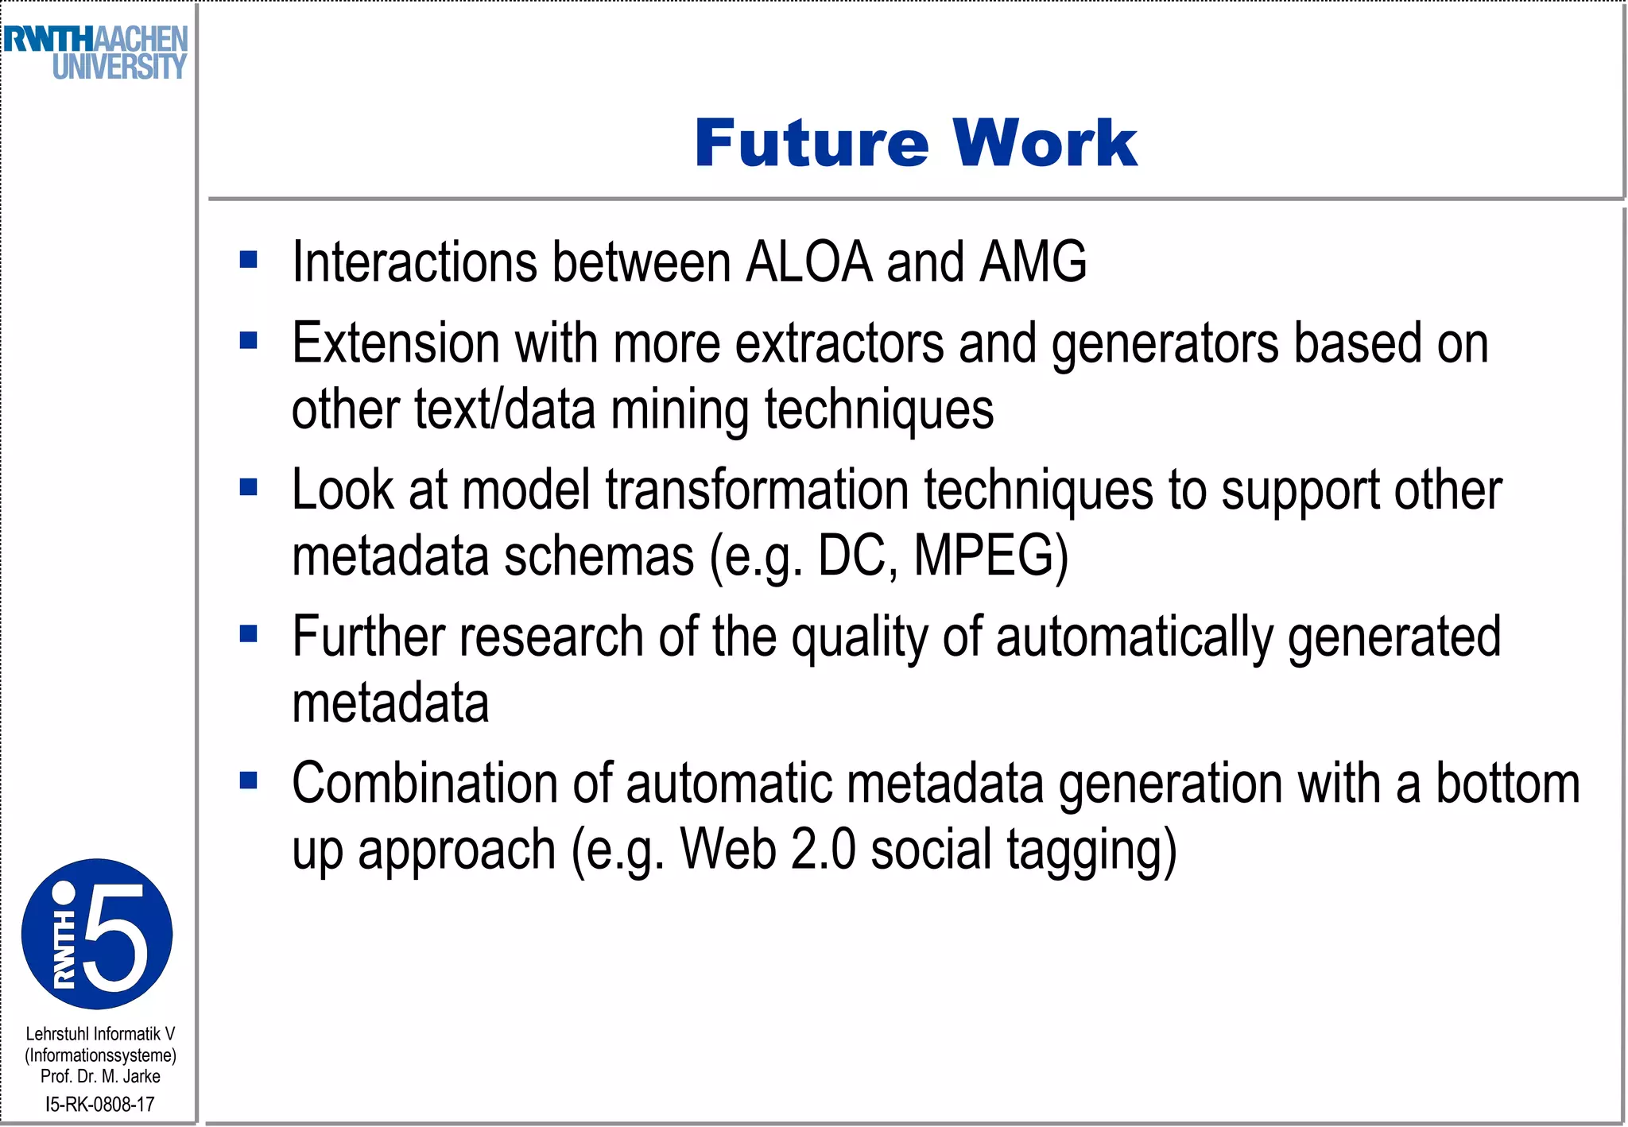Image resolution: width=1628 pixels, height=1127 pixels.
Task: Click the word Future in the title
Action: coord(811,143)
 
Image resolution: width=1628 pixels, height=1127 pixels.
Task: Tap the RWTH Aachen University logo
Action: coord(95,52)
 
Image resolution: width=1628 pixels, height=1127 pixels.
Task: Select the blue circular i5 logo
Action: coord(97,934)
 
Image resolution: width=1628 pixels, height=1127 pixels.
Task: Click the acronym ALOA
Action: coord(808,261)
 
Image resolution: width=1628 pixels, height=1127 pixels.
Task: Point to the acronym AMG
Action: coord(1033,261)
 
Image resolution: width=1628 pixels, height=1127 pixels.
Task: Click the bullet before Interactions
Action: coord(249,259)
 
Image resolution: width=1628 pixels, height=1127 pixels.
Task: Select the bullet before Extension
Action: coord(249,340)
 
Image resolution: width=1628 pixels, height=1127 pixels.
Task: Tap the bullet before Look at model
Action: coord(249,486)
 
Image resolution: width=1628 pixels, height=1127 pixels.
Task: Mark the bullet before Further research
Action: coord(249,633)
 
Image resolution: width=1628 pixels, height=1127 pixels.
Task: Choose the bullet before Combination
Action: coord(249,780)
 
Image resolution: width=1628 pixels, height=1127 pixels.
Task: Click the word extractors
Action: coord(839,343)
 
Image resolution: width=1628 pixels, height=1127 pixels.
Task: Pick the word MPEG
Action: coord(990,556)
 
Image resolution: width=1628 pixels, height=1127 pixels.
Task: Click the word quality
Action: coord(860,638)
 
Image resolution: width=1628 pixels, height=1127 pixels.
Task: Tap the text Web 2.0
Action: coord(768,850)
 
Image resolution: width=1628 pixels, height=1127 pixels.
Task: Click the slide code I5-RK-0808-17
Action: coord(100,1104)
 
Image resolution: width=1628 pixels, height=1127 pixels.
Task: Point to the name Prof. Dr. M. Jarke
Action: coord(100,1076)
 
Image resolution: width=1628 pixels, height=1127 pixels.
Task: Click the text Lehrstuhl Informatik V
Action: coord(100,1034)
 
